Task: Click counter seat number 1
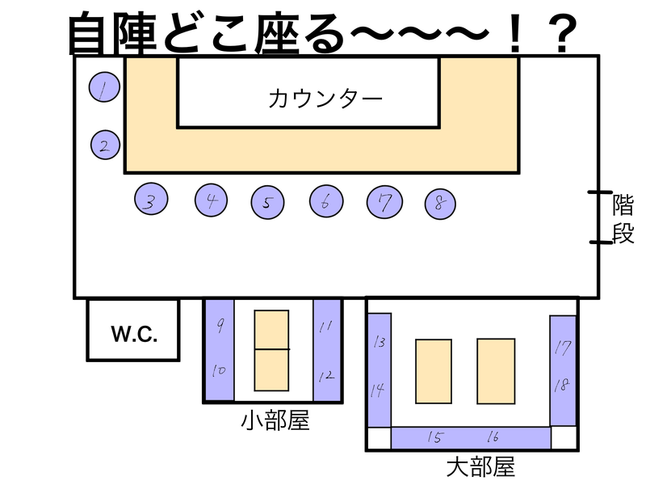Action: [103, 89]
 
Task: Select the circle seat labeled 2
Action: [104, 145]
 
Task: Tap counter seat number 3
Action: [150, 200]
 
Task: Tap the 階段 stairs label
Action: [623, 217]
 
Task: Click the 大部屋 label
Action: [480, 467]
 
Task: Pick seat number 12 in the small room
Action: [326, 375]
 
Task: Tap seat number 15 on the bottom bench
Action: [435, 437]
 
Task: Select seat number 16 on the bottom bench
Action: [492, 437]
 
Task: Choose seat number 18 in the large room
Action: [563, 385]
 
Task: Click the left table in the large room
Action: [434, 371]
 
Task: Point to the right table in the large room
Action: [496, 371]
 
